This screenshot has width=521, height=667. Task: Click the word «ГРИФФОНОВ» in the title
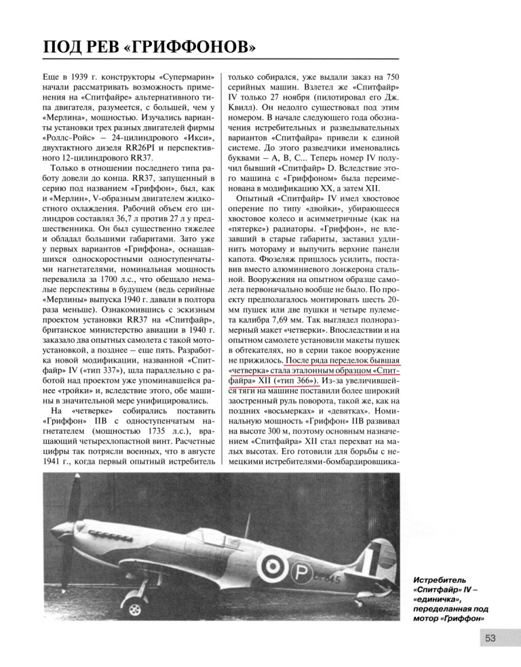(193, 47)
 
